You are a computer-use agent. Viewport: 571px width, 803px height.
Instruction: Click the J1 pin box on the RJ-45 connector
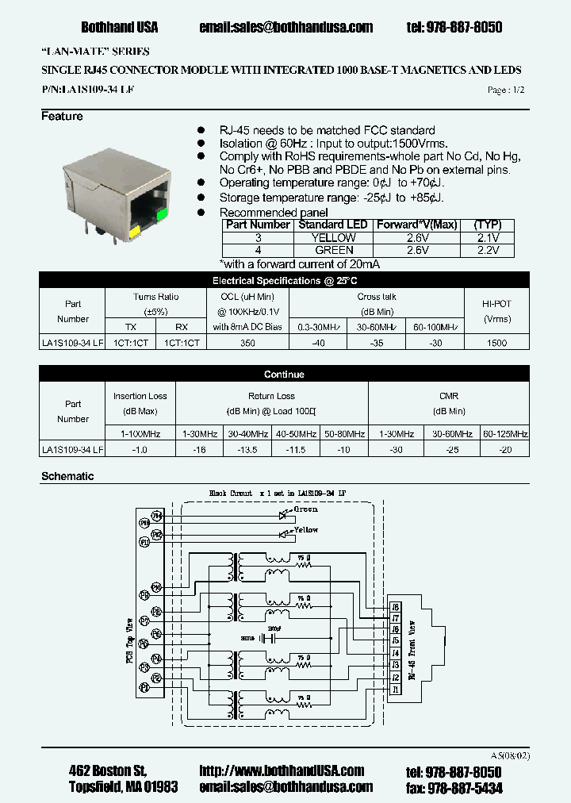coord(395,690)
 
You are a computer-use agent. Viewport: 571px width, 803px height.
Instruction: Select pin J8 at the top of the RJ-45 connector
coord(395,606)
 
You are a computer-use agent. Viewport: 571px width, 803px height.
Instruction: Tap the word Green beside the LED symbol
coord(305,509)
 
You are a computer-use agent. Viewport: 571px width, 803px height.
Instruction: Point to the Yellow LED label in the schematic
coord(305,529)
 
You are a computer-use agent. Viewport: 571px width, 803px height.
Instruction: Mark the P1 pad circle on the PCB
coord(144,688)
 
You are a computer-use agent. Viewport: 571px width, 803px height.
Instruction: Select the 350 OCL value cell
coord(247,343)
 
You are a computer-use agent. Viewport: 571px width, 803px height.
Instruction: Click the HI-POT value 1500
coord(496,343)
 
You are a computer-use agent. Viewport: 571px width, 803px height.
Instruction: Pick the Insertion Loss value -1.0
coord(140,450)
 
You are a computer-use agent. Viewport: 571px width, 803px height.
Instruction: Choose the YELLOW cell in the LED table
coord(333,238)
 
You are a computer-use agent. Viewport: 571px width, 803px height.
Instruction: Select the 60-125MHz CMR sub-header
coord(505,434)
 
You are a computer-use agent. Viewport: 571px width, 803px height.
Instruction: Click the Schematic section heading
coord(67,476)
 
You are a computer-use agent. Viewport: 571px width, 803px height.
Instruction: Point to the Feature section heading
coord(62,117)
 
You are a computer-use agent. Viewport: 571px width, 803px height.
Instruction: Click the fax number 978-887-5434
coord(454,787)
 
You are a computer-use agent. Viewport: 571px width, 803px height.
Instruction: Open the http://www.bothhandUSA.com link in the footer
coord(282,770)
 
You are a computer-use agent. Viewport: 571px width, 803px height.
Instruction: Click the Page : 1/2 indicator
coord(506,90)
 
